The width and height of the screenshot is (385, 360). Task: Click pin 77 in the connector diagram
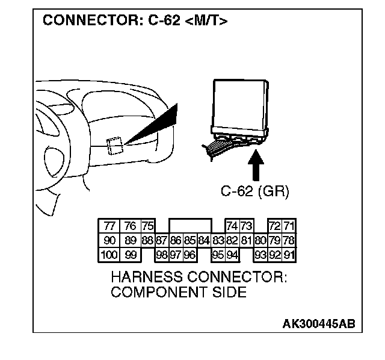[x=109, y=226]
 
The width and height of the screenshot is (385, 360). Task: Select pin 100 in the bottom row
[x=109, y=254]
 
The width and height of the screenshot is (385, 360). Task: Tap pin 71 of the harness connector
[x=289, y=226]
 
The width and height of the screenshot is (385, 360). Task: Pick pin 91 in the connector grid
[x=289, y=254]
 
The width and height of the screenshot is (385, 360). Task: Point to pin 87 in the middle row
[x=161, y=240]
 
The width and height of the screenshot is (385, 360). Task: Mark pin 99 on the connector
[x=129, y=254]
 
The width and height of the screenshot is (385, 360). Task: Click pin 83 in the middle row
[x=218, y=240]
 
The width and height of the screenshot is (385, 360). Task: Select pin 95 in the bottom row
[x=218, y=254]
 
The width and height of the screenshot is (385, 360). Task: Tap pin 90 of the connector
[x=109, y=240]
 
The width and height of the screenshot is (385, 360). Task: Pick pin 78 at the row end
[x=289, y=240]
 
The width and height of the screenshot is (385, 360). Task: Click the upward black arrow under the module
[x=255, y=166]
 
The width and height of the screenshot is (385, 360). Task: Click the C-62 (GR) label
[x=255, y=193]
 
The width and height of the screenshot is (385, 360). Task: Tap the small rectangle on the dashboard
[x=114, y=144]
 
